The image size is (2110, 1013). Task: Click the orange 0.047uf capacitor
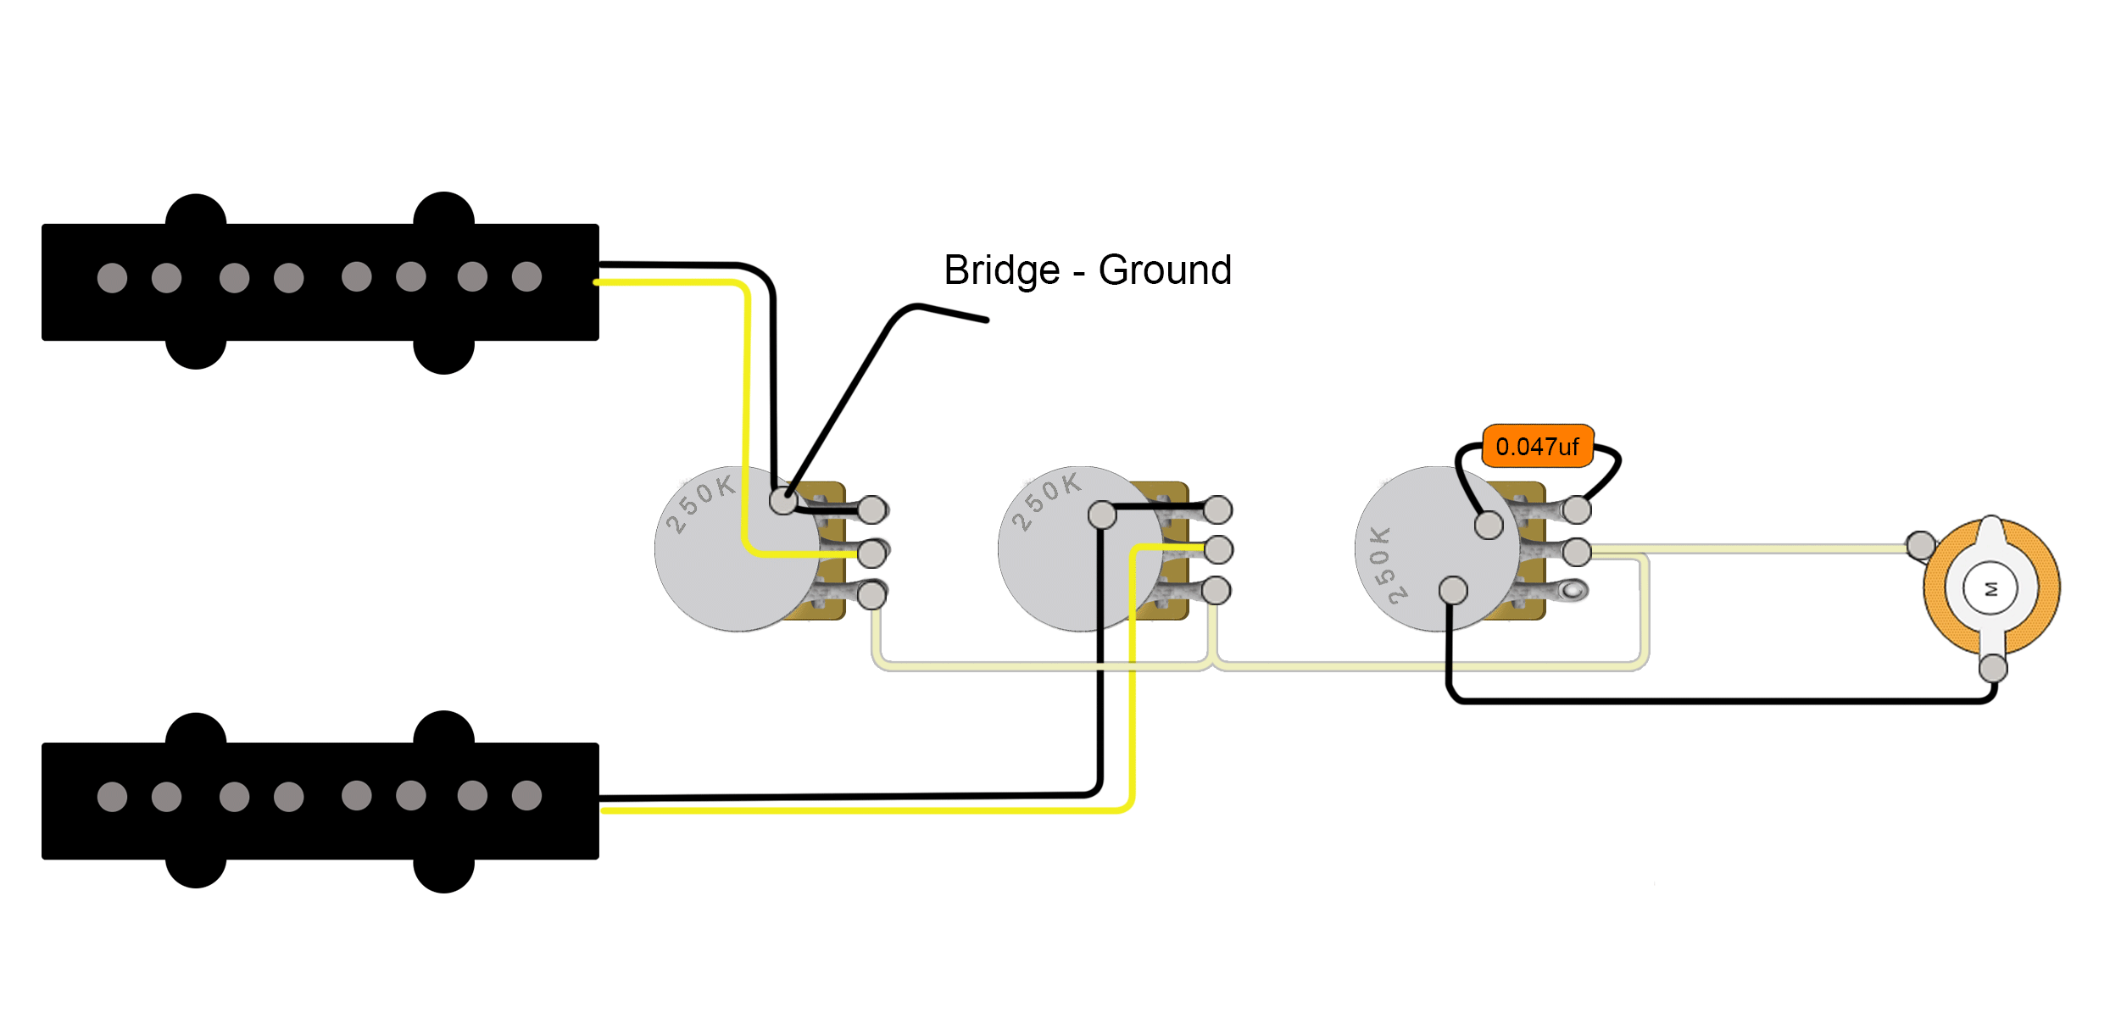click(1537, 446)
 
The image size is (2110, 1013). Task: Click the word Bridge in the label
click(1001, 271)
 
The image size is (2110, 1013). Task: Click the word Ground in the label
click(1164, 271)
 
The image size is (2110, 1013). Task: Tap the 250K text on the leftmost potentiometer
click(699, 504)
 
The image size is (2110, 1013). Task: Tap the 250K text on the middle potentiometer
click(1046, 501)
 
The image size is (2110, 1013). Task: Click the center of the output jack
click(1991, 588)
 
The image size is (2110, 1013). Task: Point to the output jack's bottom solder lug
click(1993, 668)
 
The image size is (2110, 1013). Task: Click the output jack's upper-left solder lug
click(1921, 545)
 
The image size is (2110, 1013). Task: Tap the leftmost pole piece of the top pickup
click(112, 277)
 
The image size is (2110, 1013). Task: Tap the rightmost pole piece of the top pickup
click(526, 276)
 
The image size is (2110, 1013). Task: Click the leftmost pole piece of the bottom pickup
click(112, 796)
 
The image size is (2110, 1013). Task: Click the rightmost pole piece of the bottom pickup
click(526, 794)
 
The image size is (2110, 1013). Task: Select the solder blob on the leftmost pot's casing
click(783, 501)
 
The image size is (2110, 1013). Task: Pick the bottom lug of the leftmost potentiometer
click(871, 595)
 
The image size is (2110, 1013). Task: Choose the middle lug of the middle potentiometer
click(1218, 550)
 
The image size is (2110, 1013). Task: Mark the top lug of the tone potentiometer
click(1577, 510)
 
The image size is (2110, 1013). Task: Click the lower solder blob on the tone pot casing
click(1453, 590)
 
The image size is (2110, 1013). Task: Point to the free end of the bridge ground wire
click(986, 320)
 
